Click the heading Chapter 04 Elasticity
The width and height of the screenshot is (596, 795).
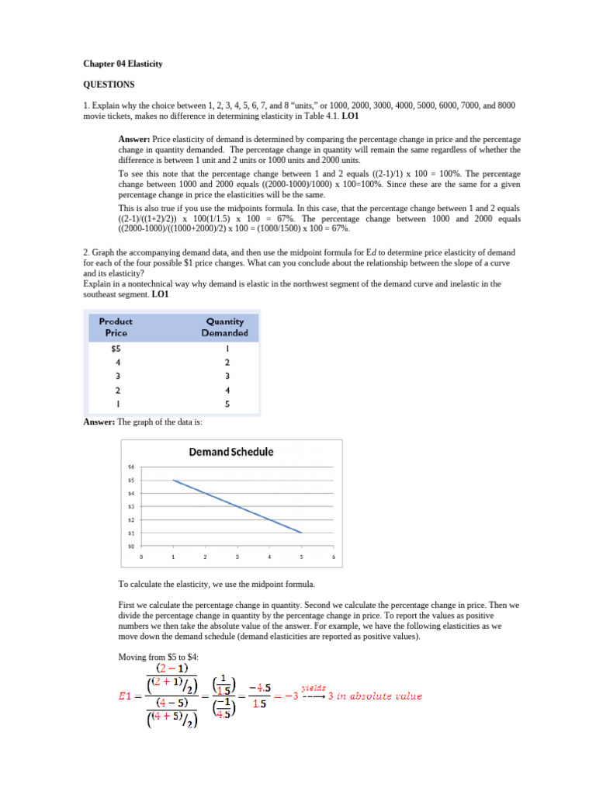tap(123, 64)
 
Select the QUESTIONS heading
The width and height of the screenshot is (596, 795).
tap(109, 84)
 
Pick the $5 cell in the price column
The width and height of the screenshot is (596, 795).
tap(116, 349)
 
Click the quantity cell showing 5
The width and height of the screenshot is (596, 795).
tap(227, 404)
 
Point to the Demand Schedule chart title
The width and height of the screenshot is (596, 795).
tap(231, 452)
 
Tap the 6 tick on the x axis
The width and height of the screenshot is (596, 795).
tap(333, 557)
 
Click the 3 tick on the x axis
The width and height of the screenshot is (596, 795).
tap(237, 557)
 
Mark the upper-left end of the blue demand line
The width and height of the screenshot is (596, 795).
tap(173, 481)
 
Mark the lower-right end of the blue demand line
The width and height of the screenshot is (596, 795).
tap(301, 533)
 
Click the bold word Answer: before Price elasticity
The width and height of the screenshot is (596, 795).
tap(134, 138)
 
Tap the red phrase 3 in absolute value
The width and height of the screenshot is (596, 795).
tap(376, 696)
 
